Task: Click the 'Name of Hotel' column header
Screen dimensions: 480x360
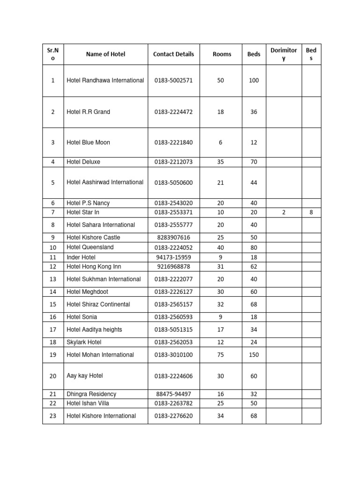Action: coord(105,54)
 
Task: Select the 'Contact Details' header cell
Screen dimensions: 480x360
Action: coord(173,54)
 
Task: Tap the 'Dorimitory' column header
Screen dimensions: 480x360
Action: coord(284,54)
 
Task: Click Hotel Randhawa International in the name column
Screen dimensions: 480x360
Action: coord(105,81)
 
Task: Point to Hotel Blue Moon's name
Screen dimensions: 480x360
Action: coord(89,142)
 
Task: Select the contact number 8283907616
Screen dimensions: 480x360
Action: coord(173,238)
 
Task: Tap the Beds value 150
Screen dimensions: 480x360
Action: coord(254,355)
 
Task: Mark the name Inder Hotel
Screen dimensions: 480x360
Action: coord(81,257)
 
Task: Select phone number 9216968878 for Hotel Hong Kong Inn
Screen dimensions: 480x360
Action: coord(173,267)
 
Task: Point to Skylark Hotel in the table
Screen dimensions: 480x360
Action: coord(84,342)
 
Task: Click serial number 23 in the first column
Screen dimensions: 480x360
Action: coord(52,416)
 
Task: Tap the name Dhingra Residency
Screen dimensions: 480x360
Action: coord(91,394)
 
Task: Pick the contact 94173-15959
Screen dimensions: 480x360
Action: coord(173,257)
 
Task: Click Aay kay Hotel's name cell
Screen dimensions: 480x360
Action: coord(85,376)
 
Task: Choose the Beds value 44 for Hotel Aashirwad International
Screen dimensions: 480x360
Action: coord(254,183)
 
